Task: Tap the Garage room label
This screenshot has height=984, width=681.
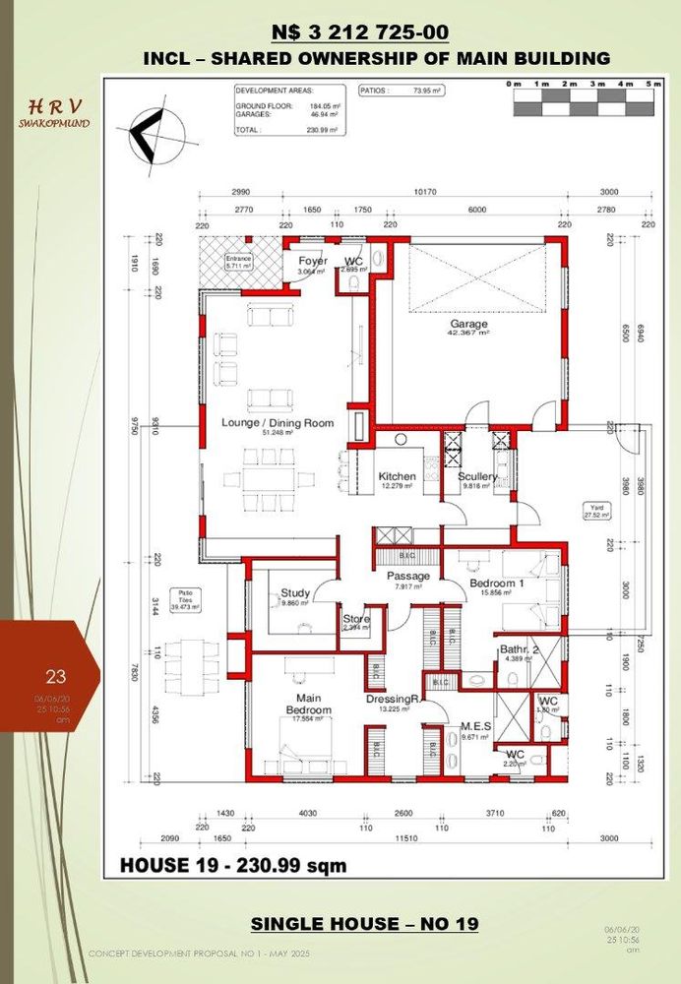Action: click(x=469, y=324)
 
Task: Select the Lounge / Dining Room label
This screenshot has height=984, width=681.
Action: click(x=277, y=423)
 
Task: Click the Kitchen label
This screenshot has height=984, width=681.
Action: click(x=397, y=476)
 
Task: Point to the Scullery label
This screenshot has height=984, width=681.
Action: click(x=477, y=476)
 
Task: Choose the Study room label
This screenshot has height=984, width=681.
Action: click(x=295, y=593)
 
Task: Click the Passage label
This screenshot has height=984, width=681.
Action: click(x=407, y=576)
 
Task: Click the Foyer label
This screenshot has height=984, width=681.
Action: click(x=313, y=261)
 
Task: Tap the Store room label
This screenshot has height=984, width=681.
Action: click(x=355, y=619)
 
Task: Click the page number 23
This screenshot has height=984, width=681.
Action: click(x=55, y=676)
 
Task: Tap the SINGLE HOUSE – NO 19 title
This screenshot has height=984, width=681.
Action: click(x=364, y=924)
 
